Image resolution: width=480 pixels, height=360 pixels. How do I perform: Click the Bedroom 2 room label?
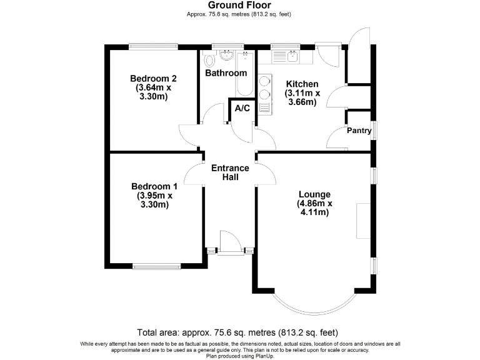(153, 79)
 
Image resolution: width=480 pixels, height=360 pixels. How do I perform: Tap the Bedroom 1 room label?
(154, 186)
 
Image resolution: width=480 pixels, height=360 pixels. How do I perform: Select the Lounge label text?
(314, 194)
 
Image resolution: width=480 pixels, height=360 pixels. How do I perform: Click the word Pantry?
(359, 131)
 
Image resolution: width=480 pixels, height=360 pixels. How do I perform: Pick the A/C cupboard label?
(242, 109)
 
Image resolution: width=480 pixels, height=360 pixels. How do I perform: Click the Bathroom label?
(226, 73)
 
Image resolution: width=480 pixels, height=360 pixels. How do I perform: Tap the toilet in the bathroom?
(209, 59)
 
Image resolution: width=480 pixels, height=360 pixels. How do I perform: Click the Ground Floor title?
(240, 5)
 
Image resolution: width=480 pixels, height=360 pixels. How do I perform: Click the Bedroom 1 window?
(156, 266)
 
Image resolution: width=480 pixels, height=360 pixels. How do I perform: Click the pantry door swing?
(337, 137)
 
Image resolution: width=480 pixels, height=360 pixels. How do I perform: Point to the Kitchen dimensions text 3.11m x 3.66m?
(302, 97)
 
